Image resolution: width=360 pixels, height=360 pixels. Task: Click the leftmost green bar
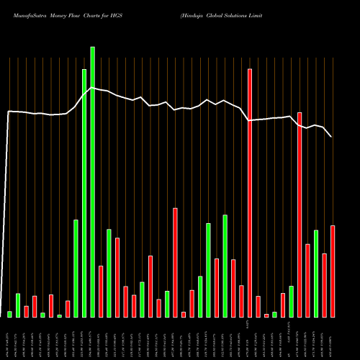(x=10, y=314)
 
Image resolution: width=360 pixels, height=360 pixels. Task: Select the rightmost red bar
(x=333, y=271)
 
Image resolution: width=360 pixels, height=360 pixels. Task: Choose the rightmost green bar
(x=316, y=274)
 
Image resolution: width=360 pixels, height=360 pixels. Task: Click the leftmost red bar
(x=27, y=311)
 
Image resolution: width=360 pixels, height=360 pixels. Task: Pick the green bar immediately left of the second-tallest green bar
(x=76, y=268)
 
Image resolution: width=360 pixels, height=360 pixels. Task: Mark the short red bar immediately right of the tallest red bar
(x=258, y=307)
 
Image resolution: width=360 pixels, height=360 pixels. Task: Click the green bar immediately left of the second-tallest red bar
(x=291, y=301)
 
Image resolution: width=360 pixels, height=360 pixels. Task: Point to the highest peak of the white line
(x=92, y=87)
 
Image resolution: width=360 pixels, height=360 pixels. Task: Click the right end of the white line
(x=332, y=137)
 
